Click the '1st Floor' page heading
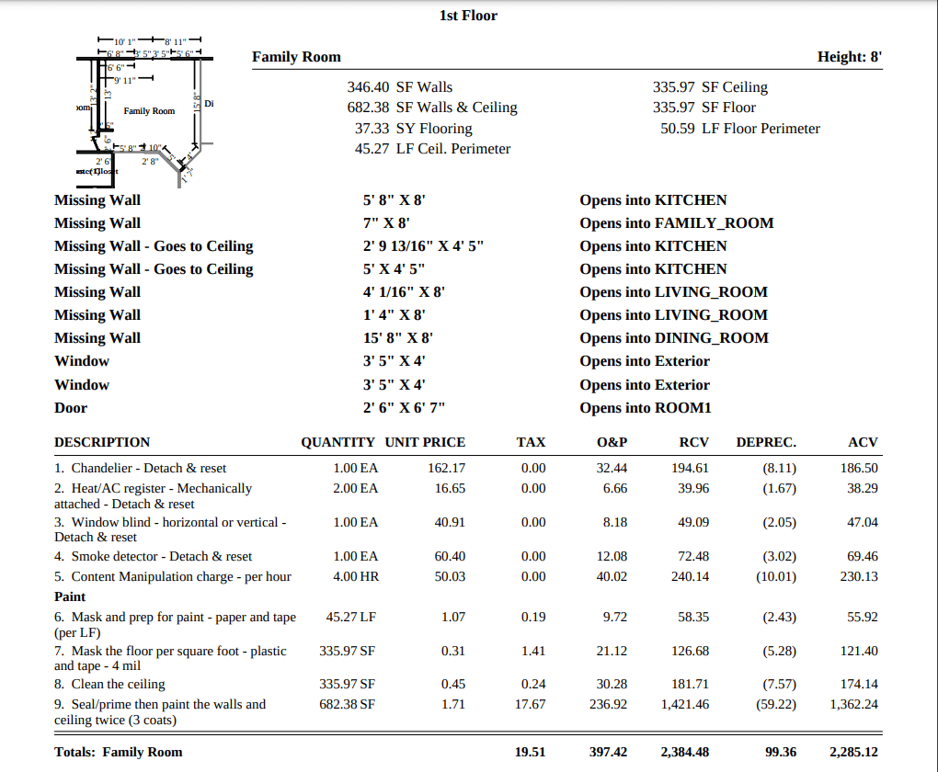pos(468,15)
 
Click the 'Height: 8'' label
pos(850,57)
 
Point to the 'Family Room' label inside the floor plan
pos(149,111)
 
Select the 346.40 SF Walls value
pos(400,87)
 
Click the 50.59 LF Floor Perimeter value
pos(739,129)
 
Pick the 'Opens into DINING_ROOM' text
pos(673,338)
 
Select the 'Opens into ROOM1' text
pos(645,408)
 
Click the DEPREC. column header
pos(766,442)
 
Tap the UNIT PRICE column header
pos(425,442)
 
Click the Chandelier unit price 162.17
pos(447,469)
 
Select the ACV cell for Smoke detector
pos(859,557)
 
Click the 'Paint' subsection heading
pos(70,596)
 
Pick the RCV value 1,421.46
pos(684,705)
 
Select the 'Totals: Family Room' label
pos(118,752)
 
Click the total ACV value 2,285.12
pos(852,752)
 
